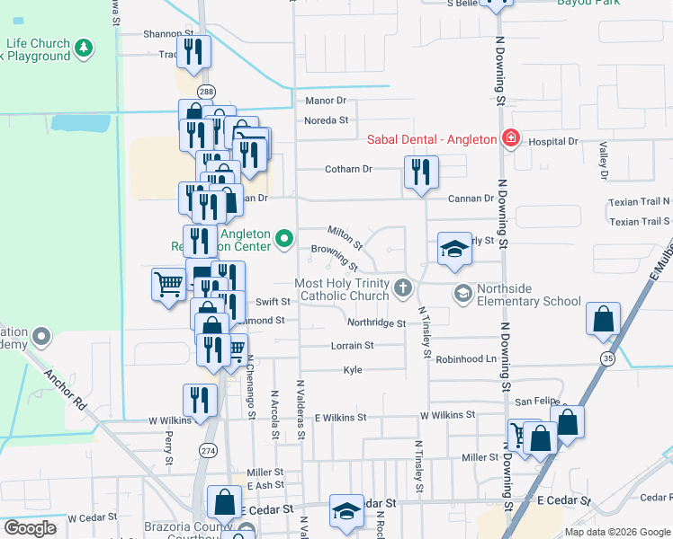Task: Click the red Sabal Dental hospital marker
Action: pyautogui.click(x=510, y=138)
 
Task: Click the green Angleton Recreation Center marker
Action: pyautogui.click(x=285, y=238)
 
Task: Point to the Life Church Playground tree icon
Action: pyautogui.click(x=84, y=48)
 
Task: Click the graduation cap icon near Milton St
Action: pyautogui.click(x=454, y=248)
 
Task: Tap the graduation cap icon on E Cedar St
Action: pyautogui.click(x=346, y=511)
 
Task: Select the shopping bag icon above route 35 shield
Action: pyautogui.click(x=603, y=319)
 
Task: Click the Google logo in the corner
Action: pyautogui.click(x=29, y=528)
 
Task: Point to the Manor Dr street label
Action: pyautogui.click(x=326, y=101)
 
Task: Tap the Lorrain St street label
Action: pyautogui.click(x=353, y=345)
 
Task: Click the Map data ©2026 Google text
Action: pyautogui.click(x=616, y=532)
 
